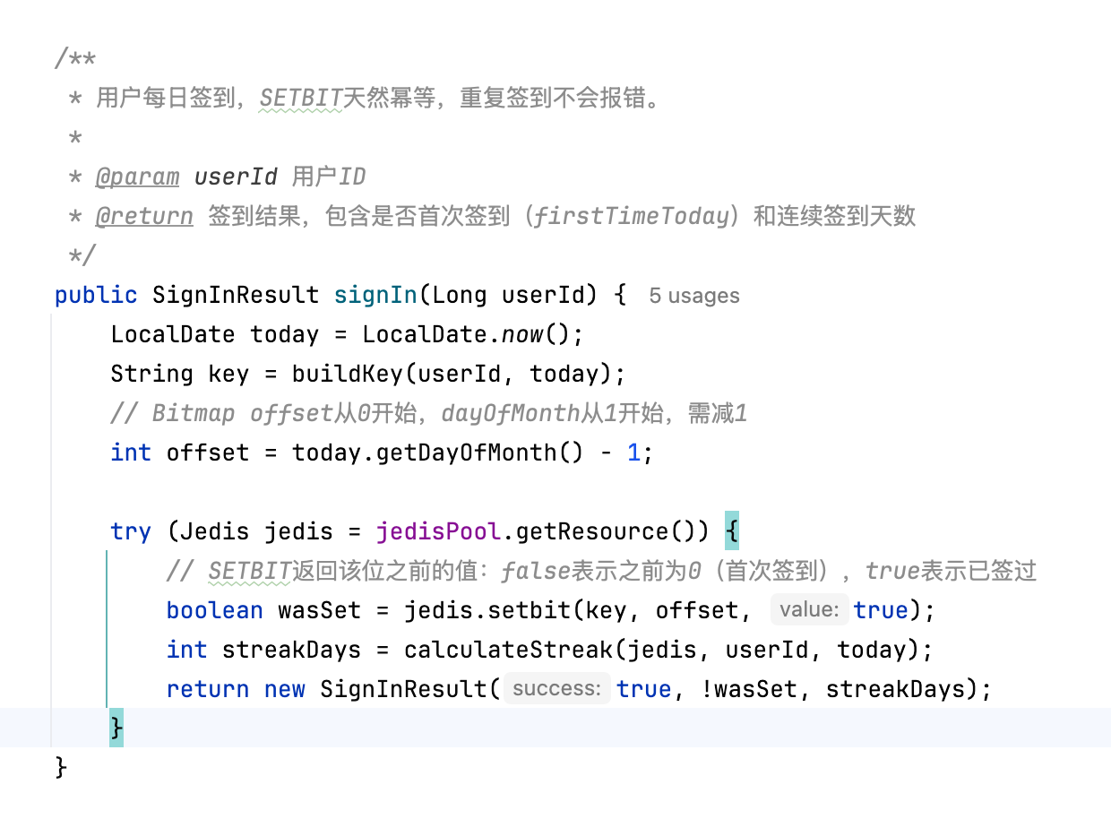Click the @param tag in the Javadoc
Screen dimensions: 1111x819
point(137,177)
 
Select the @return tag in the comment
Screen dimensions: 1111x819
point(144,216)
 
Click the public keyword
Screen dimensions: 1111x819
point(96,296)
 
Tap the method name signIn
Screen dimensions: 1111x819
point(375,295)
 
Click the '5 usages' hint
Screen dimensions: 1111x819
point(694,296)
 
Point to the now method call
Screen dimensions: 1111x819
point(521,334)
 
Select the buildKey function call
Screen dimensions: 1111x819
point(348,374)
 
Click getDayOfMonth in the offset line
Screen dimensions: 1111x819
point(466,453)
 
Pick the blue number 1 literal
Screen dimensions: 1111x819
point(633,453)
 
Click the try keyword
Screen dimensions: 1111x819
point(131,531)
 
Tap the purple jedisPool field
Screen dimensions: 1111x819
point(438,531)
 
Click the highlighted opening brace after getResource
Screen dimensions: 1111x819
point(732,530)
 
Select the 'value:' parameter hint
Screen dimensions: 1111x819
point(809,609)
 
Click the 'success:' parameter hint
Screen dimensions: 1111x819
point(557,688)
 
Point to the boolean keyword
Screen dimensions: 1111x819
point(214,610)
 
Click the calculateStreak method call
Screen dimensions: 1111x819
point(508,650)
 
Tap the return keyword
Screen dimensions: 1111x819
point(208,690)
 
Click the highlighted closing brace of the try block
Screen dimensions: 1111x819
point(116,728)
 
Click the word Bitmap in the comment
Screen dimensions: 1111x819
point(194,414)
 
